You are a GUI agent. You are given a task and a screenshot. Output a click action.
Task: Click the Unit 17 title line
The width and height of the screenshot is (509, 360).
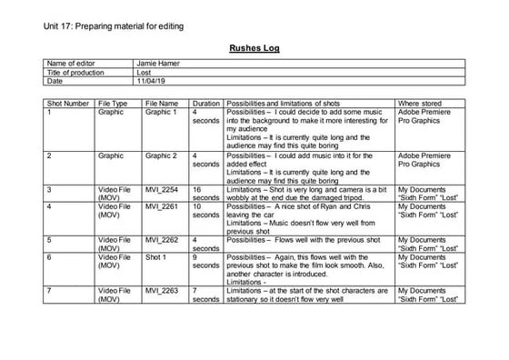coord(116,26)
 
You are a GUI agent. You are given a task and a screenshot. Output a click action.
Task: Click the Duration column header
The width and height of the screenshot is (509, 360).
coord(206,105)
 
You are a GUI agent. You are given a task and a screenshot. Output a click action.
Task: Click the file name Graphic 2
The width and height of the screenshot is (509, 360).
coord(162,155)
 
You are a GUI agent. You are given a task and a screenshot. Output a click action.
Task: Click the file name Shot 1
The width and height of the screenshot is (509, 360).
coord(156,257)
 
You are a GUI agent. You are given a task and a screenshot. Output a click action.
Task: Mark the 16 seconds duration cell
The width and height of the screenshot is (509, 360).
coord(205,193)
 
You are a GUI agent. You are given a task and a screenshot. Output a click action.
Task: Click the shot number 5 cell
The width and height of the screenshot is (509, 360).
coord(49,240)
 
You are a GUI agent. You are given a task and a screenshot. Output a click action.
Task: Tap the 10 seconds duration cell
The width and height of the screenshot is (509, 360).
coord(205,211)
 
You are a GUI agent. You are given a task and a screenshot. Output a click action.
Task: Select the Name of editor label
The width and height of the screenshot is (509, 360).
coord(71,64)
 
